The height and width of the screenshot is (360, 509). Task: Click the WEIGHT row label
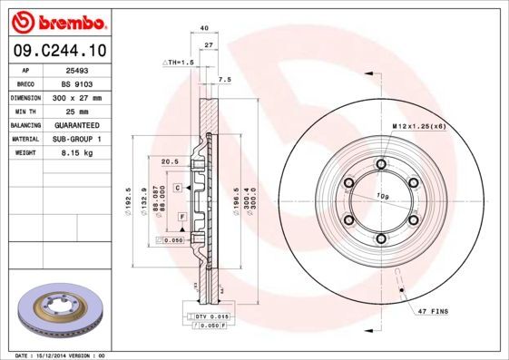[x=24, y=153]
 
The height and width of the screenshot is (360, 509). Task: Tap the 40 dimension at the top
[x=204, y=29]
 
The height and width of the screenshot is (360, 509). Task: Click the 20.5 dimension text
[x=168, y=161]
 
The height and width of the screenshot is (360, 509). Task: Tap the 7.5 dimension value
[x=225, y=80]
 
